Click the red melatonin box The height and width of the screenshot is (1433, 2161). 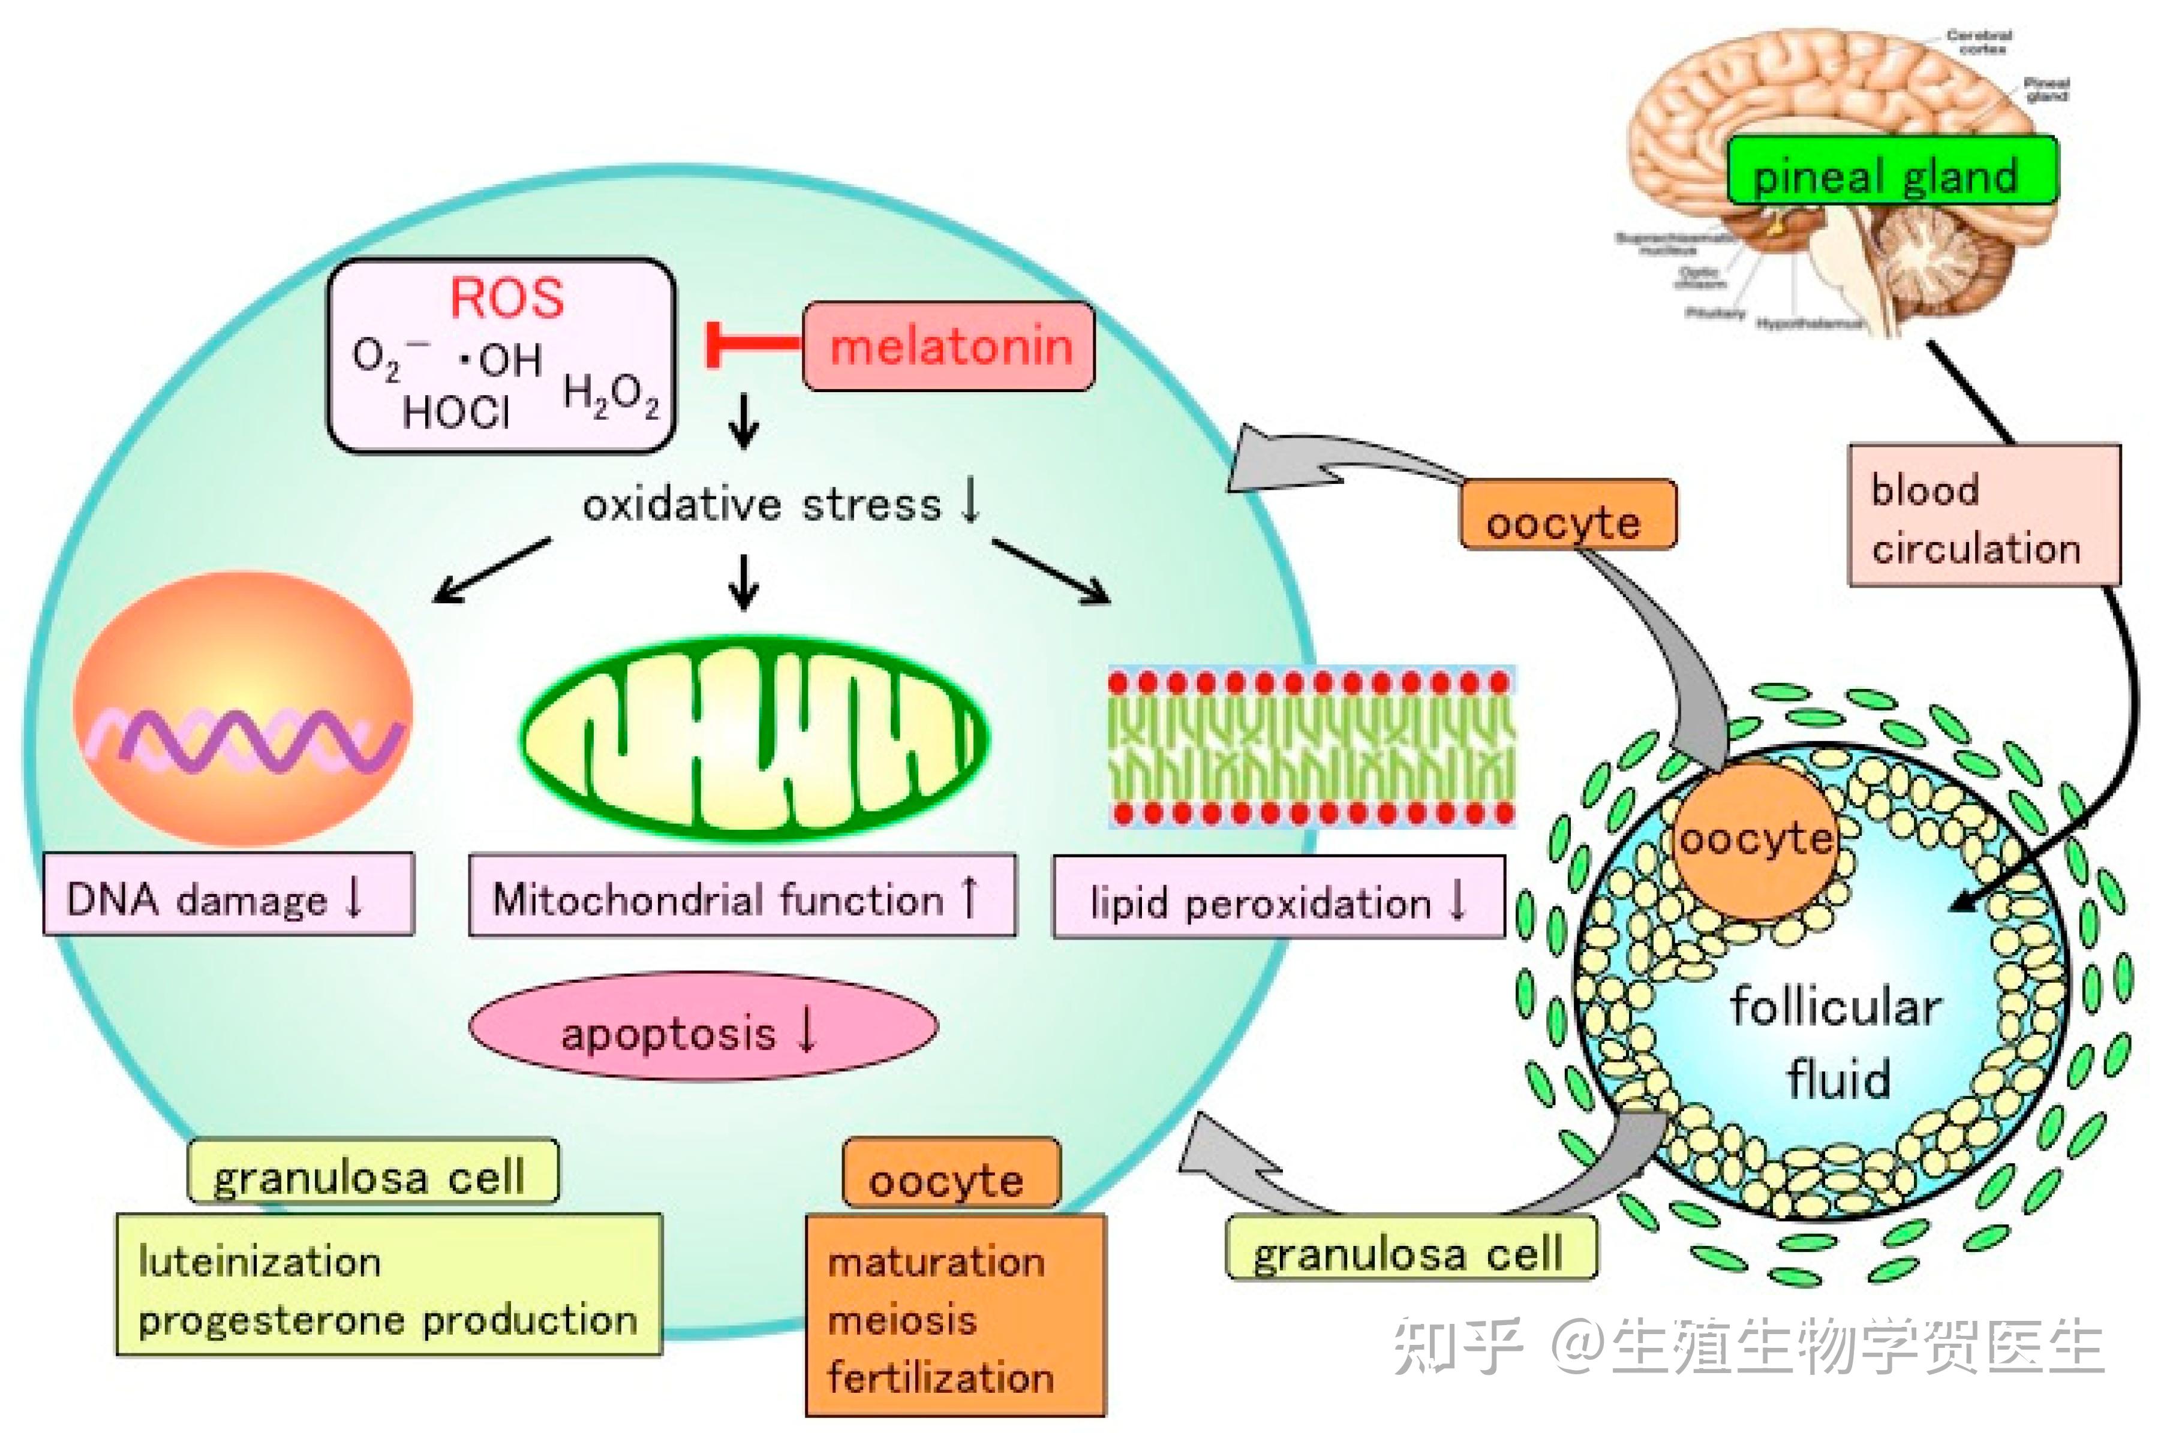coord(949,347)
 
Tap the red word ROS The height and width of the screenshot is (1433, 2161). coord(507,298)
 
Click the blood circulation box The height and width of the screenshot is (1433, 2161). coord(1983,516)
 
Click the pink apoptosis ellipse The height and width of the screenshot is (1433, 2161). coord(702,1025)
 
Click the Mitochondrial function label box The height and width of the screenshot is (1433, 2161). coord(741,896)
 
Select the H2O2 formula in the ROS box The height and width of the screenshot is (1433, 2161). coord(611,398)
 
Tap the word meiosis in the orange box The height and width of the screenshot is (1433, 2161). coord(902,1320)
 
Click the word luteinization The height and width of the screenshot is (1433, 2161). coord(260,1262)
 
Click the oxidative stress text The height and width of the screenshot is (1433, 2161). coord(762,504)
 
